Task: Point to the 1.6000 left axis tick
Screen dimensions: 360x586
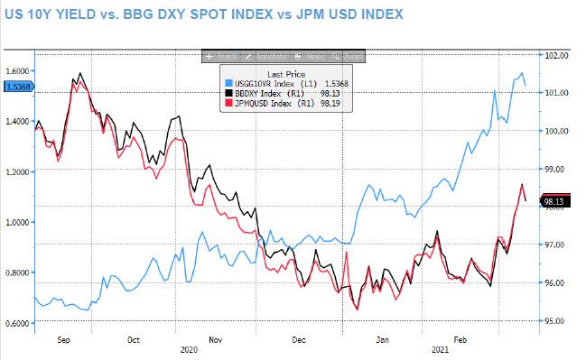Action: [x=16, y=70]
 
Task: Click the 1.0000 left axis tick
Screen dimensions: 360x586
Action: [x=16, y=222]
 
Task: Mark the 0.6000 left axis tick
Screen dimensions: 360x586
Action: [x=16, y=323]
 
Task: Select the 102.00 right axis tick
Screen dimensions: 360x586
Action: [x=557, y=55]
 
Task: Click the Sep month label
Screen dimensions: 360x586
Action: [x=62, y=341]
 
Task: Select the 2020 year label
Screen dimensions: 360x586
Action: [x=189, y=349]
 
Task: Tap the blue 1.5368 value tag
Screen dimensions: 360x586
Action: [x=16, y=87]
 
